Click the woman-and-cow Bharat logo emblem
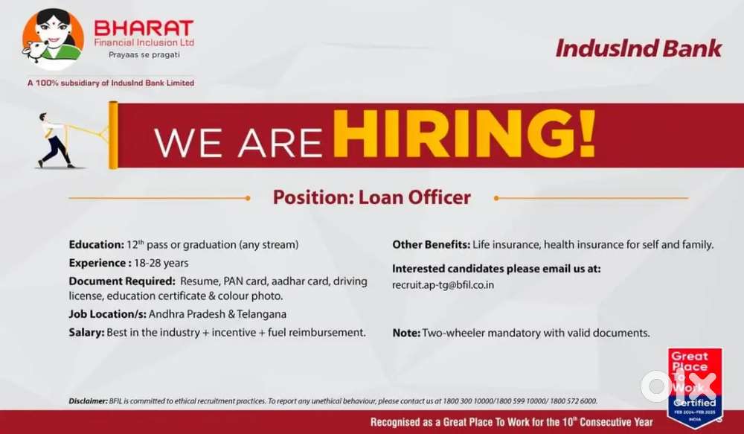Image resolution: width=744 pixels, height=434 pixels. point(53,39)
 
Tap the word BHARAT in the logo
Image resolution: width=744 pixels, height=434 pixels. point(144,28)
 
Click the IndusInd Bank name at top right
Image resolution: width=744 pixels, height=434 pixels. point(638,48)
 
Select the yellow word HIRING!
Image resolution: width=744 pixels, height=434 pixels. point(464,135)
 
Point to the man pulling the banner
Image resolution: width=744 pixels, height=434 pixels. point(54,141)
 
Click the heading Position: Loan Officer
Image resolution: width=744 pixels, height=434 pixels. point(371,197)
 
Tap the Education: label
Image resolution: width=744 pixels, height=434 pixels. point(96,244)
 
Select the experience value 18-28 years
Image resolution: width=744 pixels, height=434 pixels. point(161,263)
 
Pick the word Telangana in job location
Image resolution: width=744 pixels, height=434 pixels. point(261,314)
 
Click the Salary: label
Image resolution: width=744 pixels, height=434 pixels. point(86,332)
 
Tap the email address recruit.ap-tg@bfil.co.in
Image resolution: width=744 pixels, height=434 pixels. point(443,285)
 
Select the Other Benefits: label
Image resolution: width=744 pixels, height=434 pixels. point(431,244)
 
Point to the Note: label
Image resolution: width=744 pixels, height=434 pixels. point(406,333)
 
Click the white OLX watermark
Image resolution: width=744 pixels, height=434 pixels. point(679,386)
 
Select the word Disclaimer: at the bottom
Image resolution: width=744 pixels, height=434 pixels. point(89,401)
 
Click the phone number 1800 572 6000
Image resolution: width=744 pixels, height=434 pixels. point(574,401)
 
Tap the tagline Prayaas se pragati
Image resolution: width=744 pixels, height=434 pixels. point(144,54)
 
